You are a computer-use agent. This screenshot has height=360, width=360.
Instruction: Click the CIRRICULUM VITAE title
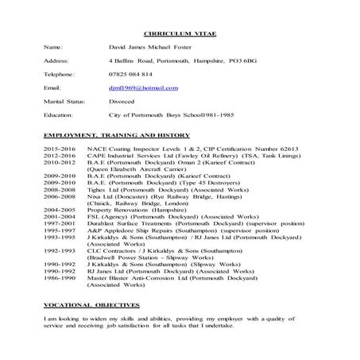pos(180,37)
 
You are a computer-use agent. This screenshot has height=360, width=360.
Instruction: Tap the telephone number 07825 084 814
pos(130,74)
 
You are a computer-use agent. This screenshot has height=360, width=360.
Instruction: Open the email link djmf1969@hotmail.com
pos(144,87)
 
